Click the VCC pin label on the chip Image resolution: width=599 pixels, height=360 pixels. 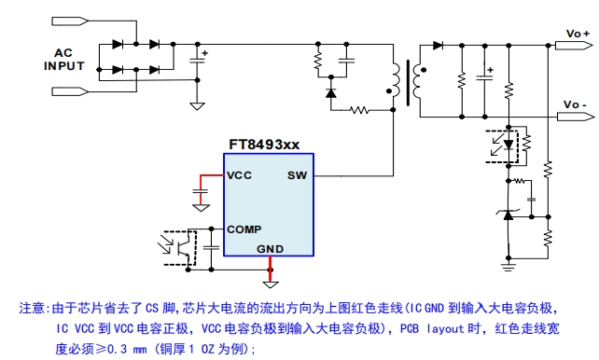[x=239, y=175]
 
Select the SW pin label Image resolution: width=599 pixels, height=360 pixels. [x=297, y=175]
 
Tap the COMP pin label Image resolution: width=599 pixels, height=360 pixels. [x=244, y=229]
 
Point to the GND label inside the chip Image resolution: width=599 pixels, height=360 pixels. [x=270, y=249]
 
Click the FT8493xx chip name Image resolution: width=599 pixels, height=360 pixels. [x=264, y=145]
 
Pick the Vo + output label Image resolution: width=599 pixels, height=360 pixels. [x=578, y=34]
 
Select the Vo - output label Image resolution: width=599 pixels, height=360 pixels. [x=576, y=104]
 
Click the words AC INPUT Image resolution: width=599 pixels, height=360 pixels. [x=63, y=59]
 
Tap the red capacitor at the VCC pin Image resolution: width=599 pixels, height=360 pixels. [x=201, y=191]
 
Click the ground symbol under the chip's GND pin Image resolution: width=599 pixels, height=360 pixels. [x=271, y=284]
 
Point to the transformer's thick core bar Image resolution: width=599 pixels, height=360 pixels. [x=409, y=82]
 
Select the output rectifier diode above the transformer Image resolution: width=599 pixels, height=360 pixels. [x=438, y=46]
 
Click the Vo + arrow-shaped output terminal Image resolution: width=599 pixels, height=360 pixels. [x=574, y=46]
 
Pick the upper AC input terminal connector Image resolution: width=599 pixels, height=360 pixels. [x=70, y=21]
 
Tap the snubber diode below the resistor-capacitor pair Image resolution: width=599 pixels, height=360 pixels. [x=331, y=92]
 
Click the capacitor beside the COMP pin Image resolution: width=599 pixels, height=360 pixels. [x=211, y=248]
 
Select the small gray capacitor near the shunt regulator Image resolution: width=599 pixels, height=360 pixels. [x=532, y=200]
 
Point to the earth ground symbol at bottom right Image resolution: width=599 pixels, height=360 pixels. [x=508, y=266]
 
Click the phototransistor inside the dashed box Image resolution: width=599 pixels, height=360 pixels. [x=184, y=248]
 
